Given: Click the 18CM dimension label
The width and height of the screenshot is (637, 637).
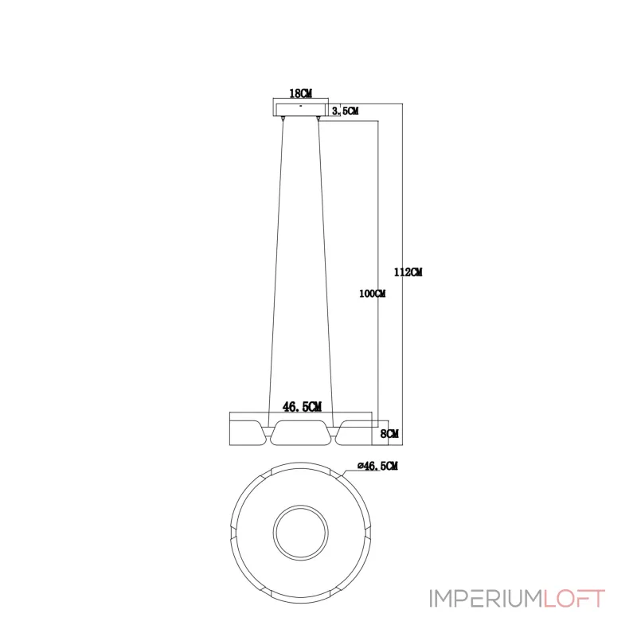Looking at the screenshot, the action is [300, 93].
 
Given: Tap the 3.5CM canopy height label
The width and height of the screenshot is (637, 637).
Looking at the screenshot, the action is [345, 111].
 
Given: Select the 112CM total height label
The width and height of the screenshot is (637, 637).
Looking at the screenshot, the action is [408, 272].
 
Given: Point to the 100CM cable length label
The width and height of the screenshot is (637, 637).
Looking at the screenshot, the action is [372, 293].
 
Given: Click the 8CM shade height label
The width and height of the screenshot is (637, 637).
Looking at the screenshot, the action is [389, 433].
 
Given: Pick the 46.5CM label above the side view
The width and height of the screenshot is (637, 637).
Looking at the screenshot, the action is [302, 407].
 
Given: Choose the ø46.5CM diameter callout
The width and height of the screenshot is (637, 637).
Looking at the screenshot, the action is [377, 466].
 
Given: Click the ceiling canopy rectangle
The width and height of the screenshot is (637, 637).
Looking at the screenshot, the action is [301, 110].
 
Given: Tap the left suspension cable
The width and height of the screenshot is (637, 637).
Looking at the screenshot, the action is [276, 272].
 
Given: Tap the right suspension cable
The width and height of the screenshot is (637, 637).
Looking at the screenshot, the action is [326, 272].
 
